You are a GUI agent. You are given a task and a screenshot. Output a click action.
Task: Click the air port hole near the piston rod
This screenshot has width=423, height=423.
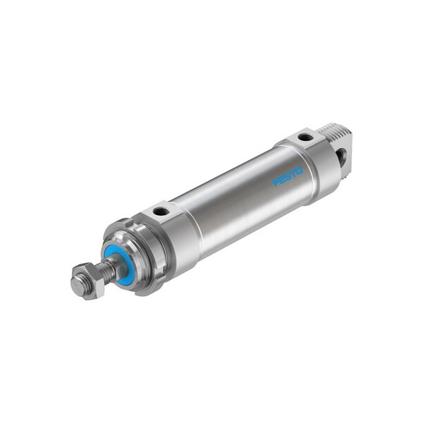tap(161, 211)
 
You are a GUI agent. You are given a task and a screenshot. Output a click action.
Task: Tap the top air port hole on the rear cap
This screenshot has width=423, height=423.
tap(305, 137)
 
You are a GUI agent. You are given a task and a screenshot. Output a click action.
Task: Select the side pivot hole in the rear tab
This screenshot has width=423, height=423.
tap(343, 157)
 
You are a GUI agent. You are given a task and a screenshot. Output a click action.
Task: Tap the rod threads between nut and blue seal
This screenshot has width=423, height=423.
tap(106, 271)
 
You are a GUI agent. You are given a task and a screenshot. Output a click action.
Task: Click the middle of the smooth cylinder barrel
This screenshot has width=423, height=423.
tap(233, 204)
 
